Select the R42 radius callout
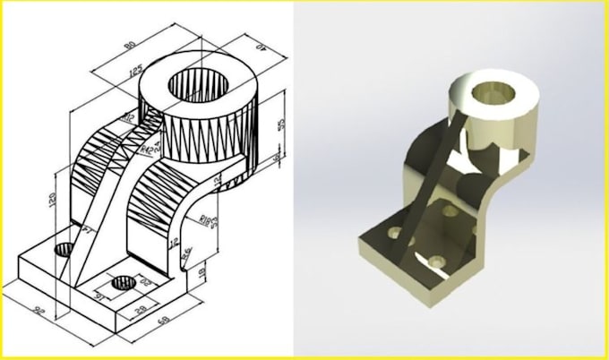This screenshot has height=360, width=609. (158, 142)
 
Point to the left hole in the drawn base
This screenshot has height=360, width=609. (64, 249)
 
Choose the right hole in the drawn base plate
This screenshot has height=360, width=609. (120, 286)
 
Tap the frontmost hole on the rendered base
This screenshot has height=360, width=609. (436, 261)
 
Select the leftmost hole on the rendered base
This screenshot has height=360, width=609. (391, 230)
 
